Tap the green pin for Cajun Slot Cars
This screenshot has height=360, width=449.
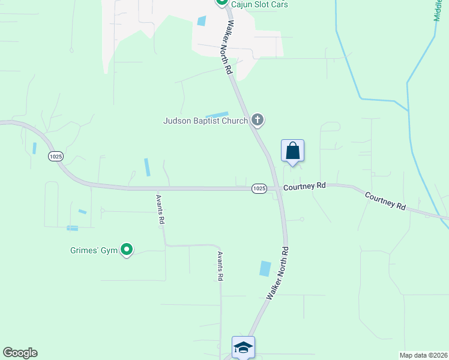tap(221, 2)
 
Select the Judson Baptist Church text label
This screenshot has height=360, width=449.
tap(206, 121)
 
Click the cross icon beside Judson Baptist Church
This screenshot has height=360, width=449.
tap(258, 120)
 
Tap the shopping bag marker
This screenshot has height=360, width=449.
tap(292, 150)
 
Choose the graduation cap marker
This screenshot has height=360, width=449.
tap(243, 347)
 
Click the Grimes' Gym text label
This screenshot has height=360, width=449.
tap(92, 250)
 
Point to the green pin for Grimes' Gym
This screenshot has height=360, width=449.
tap(127, 249)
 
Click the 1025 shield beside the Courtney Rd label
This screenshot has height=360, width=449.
tap(259, 188)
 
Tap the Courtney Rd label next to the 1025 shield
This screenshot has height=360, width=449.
tap(304, 187)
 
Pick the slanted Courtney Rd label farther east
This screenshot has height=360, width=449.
tap(385, 201)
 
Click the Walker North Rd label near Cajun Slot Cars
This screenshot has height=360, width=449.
tap(228, 48)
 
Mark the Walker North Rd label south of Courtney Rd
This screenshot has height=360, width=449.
tap(277, 274)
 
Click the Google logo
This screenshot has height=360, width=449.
tap(20, 353)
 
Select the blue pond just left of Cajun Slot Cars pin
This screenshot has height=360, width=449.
tap(201, 20)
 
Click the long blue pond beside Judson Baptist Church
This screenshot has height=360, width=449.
tap(217, 115)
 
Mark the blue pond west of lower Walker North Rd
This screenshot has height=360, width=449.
tap(265, 268)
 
